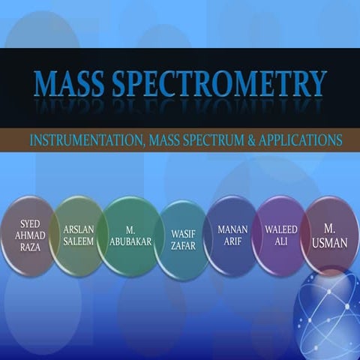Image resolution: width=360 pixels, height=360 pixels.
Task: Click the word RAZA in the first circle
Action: point(31,247)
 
